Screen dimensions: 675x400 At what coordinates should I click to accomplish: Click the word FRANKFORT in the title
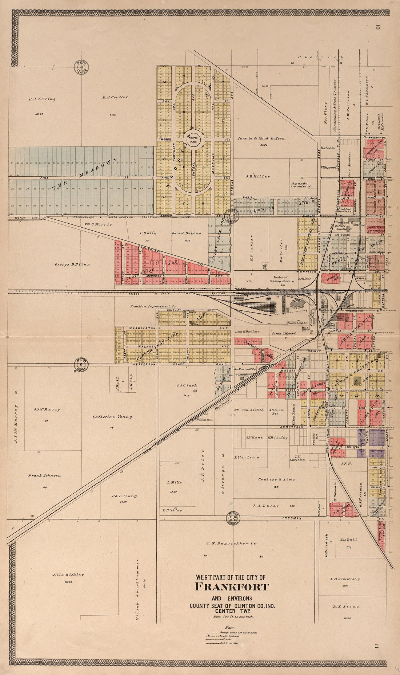pyautogui.click(x=232, y=587)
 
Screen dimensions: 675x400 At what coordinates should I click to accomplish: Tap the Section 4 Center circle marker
pyautogui.click(x=81, y=66)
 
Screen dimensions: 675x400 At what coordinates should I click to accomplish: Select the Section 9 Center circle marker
pyautogui.click(x=81, y=364)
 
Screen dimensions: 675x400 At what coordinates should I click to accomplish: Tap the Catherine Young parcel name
pyautogui.click(x=107, y=417)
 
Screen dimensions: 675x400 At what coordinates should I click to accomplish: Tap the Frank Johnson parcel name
pyautogui.click(x=45, y=476)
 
